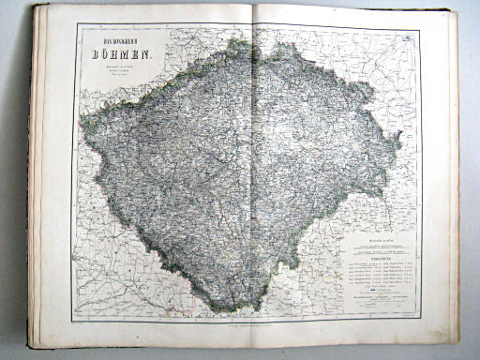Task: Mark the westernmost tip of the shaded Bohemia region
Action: coord(82,127)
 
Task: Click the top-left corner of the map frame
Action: coord(72,25)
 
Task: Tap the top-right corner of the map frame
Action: coord(419,25)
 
